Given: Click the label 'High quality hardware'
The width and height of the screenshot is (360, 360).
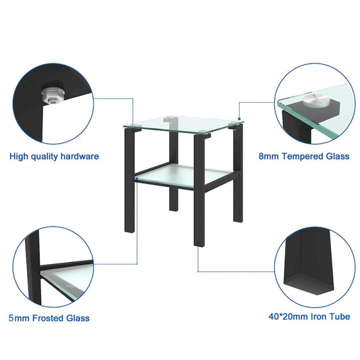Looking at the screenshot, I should click(54, 156).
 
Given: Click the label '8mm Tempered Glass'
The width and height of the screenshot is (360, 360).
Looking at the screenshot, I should click(304, 156).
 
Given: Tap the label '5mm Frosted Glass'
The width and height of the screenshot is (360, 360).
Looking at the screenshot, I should click(49, 318).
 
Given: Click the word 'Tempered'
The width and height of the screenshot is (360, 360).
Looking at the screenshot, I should click(302, 156).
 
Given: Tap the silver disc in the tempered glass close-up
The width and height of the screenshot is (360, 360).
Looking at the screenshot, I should click(313, 100).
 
